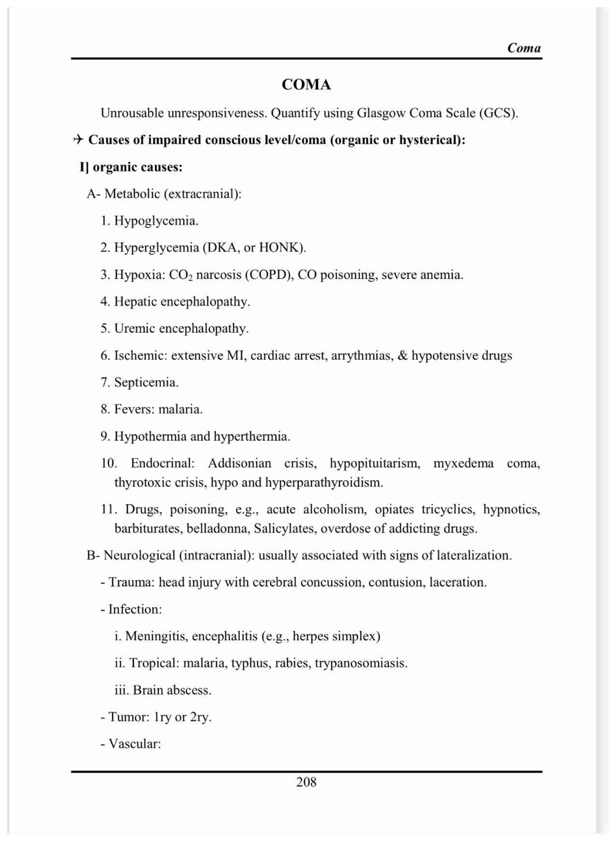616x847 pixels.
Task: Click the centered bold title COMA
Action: point(306,85)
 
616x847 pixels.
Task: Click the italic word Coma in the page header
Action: point(524,48)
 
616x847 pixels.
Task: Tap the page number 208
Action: point(306,782)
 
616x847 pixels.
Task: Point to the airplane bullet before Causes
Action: point(79,140)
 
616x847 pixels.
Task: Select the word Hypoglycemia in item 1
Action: point(156,221)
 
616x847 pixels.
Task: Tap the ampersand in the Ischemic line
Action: point(402,356)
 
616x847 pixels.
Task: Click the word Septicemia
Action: point(146,382)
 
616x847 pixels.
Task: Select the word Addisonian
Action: point(239,464)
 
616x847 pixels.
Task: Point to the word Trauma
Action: point(131,583)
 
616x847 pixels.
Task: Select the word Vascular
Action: point(134,744)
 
